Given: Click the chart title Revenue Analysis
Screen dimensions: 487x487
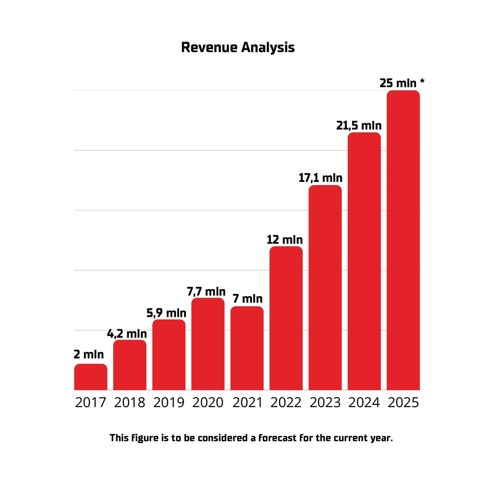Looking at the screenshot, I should point(238,47).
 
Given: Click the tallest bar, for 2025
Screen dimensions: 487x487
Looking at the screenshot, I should point(403,239).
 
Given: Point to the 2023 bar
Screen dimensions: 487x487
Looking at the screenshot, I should point(325,287).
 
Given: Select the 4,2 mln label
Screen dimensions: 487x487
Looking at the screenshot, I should point(127,334).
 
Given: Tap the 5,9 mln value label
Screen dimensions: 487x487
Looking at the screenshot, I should point(166,313).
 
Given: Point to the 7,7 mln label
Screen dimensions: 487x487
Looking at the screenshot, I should point(206,292).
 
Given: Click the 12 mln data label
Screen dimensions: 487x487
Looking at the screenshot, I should point(285,239).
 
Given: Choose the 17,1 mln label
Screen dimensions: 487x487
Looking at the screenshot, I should point(320,178).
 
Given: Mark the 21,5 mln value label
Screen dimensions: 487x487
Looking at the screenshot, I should point(359,126).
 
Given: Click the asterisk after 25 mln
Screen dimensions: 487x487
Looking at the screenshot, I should point(422,81).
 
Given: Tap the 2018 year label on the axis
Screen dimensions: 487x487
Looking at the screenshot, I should point(130,403).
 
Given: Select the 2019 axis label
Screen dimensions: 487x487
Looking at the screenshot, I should point(169,403).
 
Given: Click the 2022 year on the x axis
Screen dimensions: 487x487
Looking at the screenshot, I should point(286,403).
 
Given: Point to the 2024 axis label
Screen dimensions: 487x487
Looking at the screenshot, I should point(364,403).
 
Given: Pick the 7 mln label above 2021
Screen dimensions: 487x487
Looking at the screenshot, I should point(248,299).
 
